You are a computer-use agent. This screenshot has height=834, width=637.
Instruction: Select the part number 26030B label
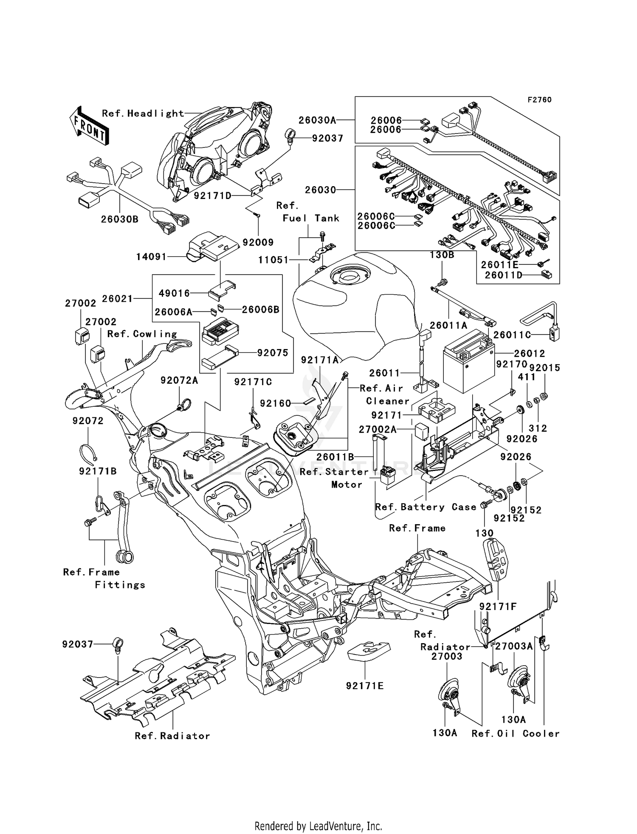pos(119,219)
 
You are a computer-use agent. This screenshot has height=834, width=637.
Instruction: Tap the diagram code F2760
pos(539,99)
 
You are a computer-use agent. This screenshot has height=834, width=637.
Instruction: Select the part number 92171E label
pos(365,686)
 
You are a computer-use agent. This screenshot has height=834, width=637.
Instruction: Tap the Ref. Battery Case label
pos(426,507)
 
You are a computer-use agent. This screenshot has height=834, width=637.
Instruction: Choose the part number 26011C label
pos(512,335)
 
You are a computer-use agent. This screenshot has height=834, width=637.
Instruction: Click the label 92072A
pos(179,380)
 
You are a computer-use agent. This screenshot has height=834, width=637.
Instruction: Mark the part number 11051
pos(273,260)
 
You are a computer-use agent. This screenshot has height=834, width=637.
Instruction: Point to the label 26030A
pos(317,120)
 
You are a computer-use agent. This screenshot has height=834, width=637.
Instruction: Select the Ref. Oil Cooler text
pos(516,734)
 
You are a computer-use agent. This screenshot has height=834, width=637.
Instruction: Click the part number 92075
pos(273,352)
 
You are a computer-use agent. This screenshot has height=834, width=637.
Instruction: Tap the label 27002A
pos(378,429)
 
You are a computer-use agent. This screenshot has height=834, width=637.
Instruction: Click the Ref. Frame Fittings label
pos(104,578)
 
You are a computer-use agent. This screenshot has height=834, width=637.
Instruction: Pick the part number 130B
pos(442,255)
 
